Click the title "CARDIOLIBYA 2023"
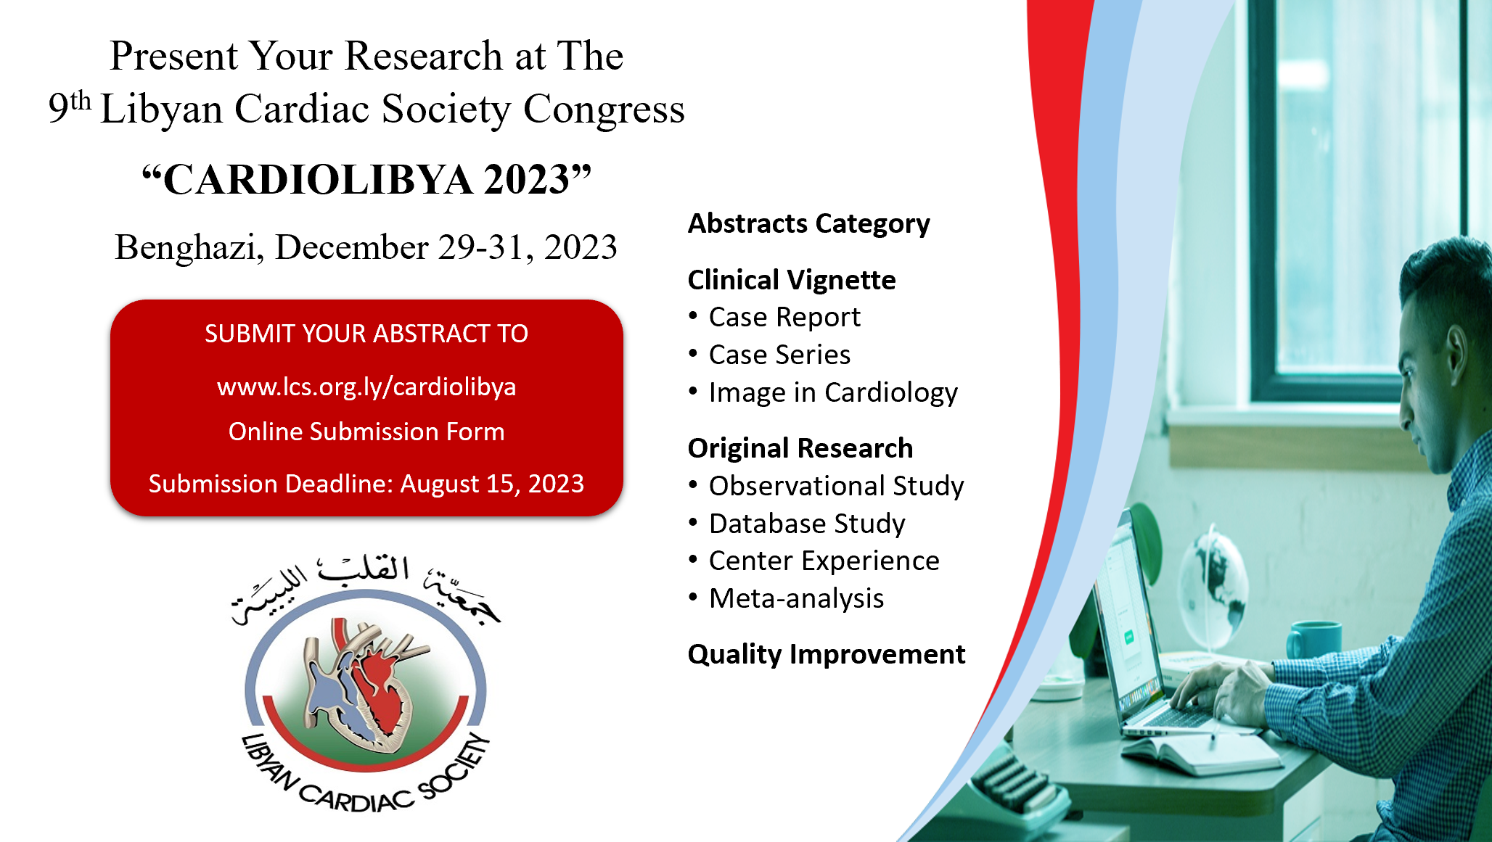(366, 179)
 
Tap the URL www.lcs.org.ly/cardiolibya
(366, 387)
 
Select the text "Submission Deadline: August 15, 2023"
(366, 483)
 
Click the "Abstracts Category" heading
(808, 224)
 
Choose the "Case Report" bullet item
(784, 317)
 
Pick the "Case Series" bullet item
(779, 355)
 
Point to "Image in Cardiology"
(833, 392)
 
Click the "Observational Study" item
(836, 486)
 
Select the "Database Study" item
(807, 524)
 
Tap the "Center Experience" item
(824, 561)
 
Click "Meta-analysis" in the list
(796, 598)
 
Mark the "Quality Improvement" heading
(827, 654)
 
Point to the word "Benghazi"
(189, 247)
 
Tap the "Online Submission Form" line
(366, 432)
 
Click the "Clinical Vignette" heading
(792, 280)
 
